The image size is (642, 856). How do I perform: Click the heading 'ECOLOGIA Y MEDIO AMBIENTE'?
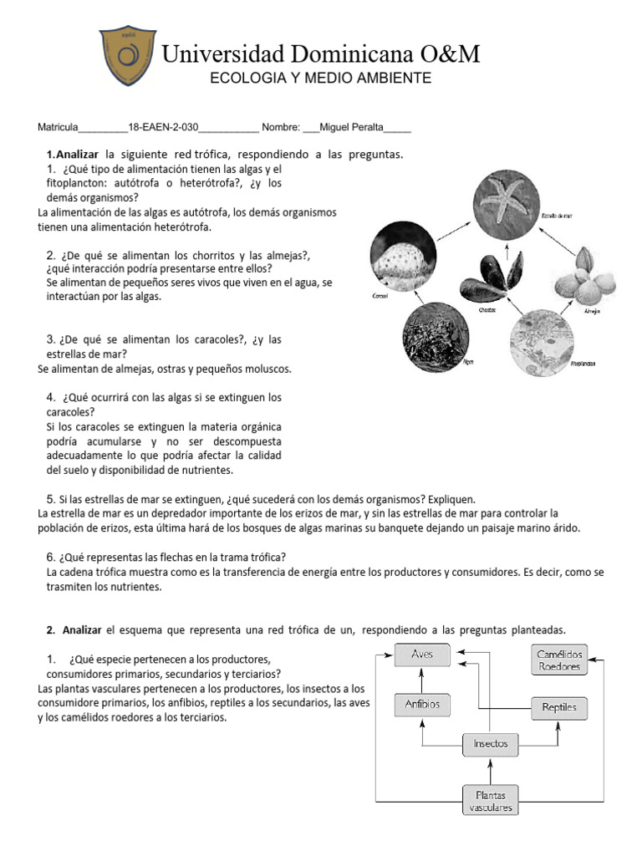[320, 78]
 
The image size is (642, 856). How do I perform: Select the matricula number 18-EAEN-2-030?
[163, 128]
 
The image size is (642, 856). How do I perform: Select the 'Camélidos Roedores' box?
[559, 660]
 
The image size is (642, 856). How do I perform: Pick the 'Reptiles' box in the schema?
[559, 708]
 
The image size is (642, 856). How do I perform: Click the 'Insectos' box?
[491, 743]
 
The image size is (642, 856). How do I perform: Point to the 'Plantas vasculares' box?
[490, 800]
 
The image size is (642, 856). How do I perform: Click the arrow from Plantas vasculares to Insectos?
[490, 771]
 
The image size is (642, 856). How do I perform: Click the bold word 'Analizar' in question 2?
[81, 629]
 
